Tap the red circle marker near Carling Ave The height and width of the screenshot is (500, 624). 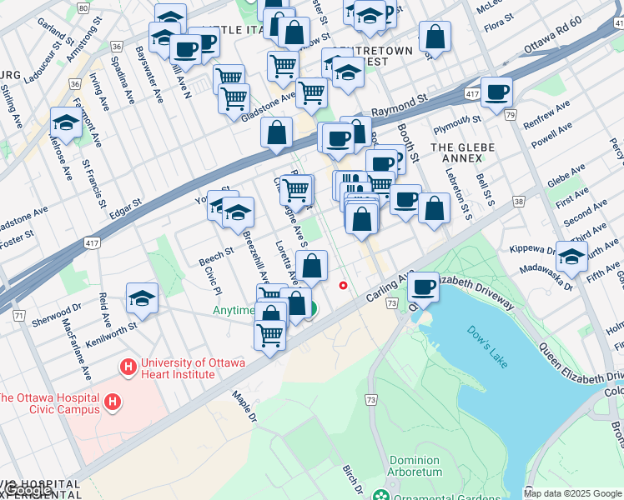(x=343, y=286)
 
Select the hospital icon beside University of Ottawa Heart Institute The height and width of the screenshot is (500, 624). (x=128, y=367)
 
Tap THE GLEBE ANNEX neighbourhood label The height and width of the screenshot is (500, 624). (x=462, y=147)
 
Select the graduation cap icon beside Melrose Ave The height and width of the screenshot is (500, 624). (x=66, y=123)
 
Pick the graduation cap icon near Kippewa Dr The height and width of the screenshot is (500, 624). (x=571, y=256)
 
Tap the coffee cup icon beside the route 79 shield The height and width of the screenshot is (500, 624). (x=497, y=92)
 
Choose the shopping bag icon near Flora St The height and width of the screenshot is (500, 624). (x=435, y=37)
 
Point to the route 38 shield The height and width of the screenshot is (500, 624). (x=519, y=202)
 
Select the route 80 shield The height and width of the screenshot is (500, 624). (x=82, y=7)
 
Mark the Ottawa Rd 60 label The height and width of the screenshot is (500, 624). (x=551, y=43)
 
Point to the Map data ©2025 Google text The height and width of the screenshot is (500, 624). (x=573, y=493)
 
